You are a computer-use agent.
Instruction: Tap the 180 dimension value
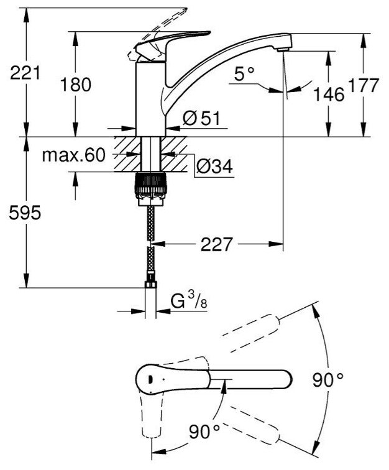coord(76,85)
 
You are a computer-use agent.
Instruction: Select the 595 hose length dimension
coord(24,213)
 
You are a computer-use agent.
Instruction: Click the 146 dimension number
coord(328,95)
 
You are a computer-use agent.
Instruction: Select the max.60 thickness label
coord(74,155)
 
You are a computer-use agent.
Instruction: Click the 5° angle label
coord(245,75)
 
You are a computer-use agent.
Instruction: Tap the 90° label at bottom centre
coord(206,429)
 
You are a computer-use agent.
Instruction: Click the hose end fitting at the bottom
coord(150,286)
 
